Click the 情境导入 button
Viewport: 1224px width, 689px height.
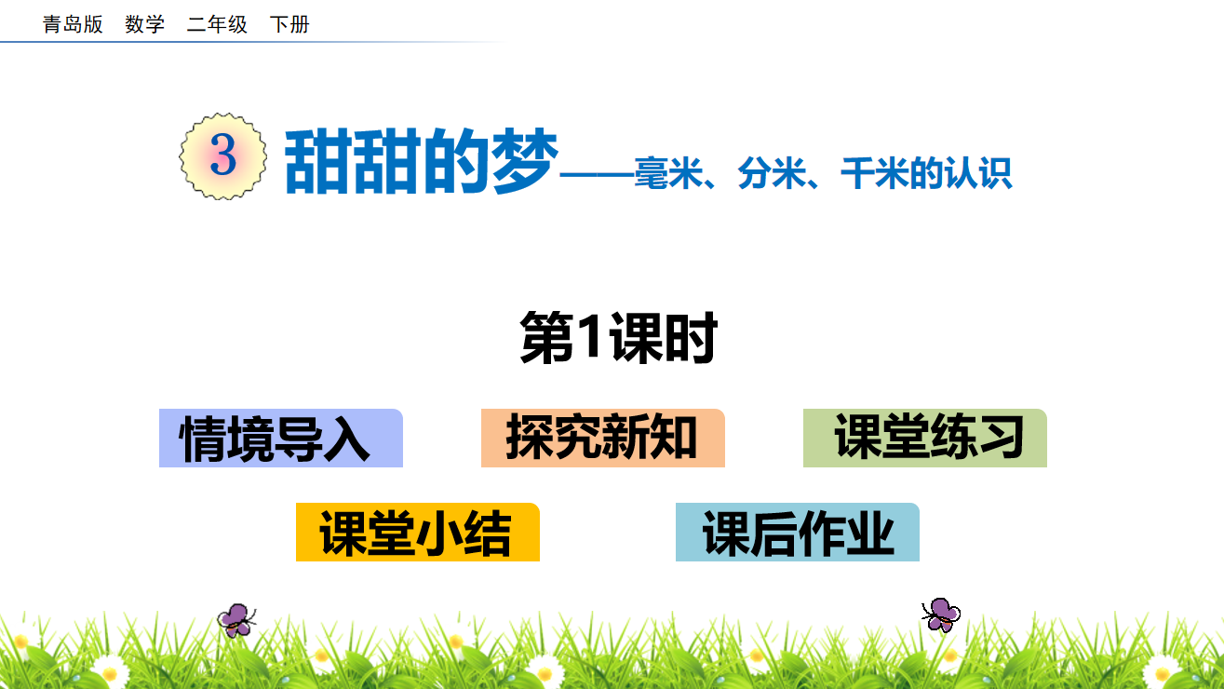tap(281, 438)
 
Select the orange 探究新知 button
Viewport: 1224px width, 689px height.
tap(603, 438)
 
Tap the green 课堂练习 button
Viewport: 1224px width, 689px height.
tap(924, 438)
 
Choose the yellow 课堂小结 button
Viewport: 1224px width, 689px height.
tap(418, 532)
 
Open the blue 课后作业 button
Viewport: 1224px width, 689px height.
tap(798, 532)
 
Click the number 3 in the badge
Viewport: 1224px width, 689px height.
tap(223, 155)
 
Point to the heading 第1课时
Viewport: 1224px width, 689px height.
tap(618, 337)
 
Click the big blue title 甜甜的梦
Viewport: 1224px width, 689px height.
tap(421, 161)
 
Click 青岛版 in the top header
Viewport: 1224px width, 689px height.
tap(73, 24)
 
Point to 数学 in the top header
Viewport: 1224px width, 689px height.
tap(145, 24)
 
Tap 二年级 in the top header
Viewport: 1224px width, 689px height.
tap(217, 24)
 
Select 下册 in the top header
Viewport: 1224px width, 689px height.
tap(289, 24)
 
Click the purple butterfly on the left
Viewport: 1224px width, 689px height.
tap(236, 620)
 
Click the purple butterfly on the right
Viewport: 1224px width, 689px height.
tap(941, 615)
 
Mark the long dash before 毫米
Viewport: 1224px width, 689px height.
tap(597, 175)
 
